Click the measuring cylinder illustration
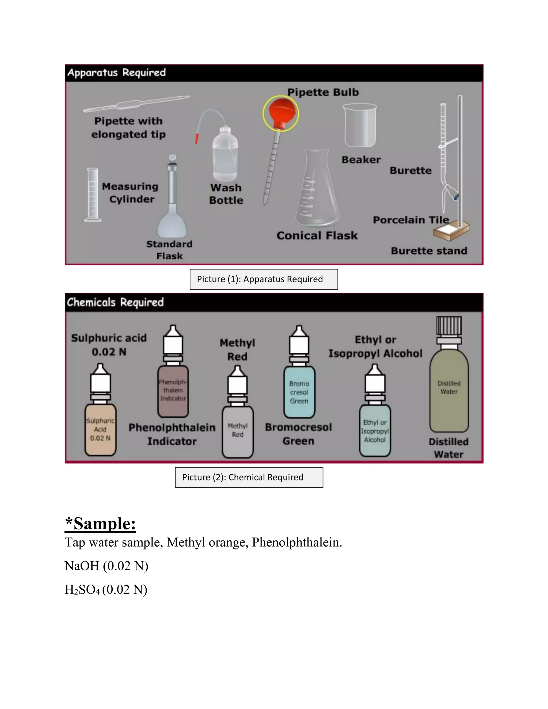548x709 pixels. (x=93, y=195)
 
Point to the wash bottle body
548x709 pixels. (x=225, y=156)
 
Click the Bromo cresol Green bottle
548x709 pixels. (x=299, y=391)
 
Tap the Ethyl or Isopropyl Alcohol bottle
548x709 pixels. (x=375, y=430)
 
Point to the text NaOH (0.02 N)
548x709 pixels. (x=106, y=566)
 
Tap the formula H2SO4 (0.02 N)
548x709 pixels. (x=106, y=589)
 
